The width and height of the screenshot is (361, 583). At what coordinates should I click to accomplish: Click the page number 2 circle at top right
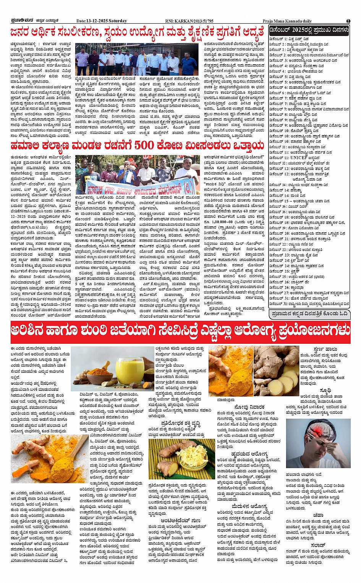tap(348, 21)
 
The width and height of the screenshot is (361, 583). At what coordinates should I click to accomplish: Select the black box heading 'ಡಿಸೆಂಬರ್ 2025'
tap(309, 30)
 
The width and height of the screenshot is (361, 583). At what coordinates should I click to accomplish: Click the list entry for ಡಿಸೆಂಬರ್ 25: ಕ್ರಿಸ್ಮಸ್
tap(285, 271)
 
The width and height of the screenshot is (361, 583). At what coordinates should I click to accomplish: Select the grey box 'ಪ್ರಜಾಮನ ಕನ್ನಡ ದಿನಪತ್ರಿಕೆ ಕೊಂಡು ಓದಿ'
tap(309, 314)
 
